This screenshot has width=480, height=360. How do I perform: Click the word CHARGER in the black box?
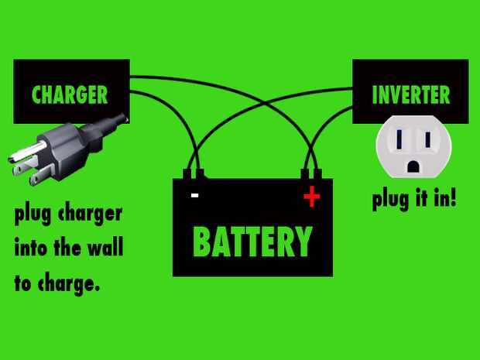click(70, 95)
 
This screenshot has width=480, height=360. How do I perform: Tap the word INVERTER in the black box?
click(410, 95)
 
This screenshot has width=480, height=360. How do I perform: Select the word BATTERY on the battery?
click(252, 242)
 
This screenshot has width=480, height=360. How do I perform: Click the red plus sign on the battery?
click(311, 197)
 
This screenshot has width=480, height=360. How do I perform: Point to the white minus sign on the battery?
click(194, 197)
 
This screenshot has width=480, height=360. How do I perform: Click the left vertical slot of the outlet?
click(399, 140)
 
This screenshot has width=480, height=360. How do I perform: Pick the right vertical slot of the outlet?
click(425, 140)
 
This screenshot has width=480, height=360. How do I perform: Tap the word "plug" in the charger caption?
click(33, 215)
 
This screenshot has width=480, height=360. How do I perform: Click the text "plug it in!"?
click(413, 199)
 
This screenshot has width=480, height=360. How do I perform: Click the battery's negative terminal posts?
click(194, 175)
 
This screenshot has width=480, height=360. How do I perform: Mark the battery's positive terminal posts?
click(311, 175)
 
